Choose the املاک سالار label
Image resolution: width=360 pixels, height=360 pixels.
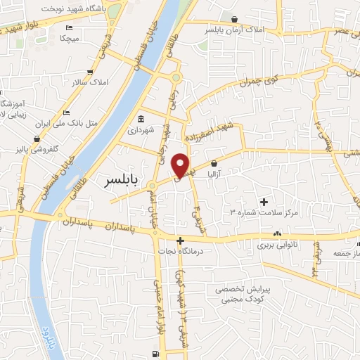pyautogui.click(x=90, y=83)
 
